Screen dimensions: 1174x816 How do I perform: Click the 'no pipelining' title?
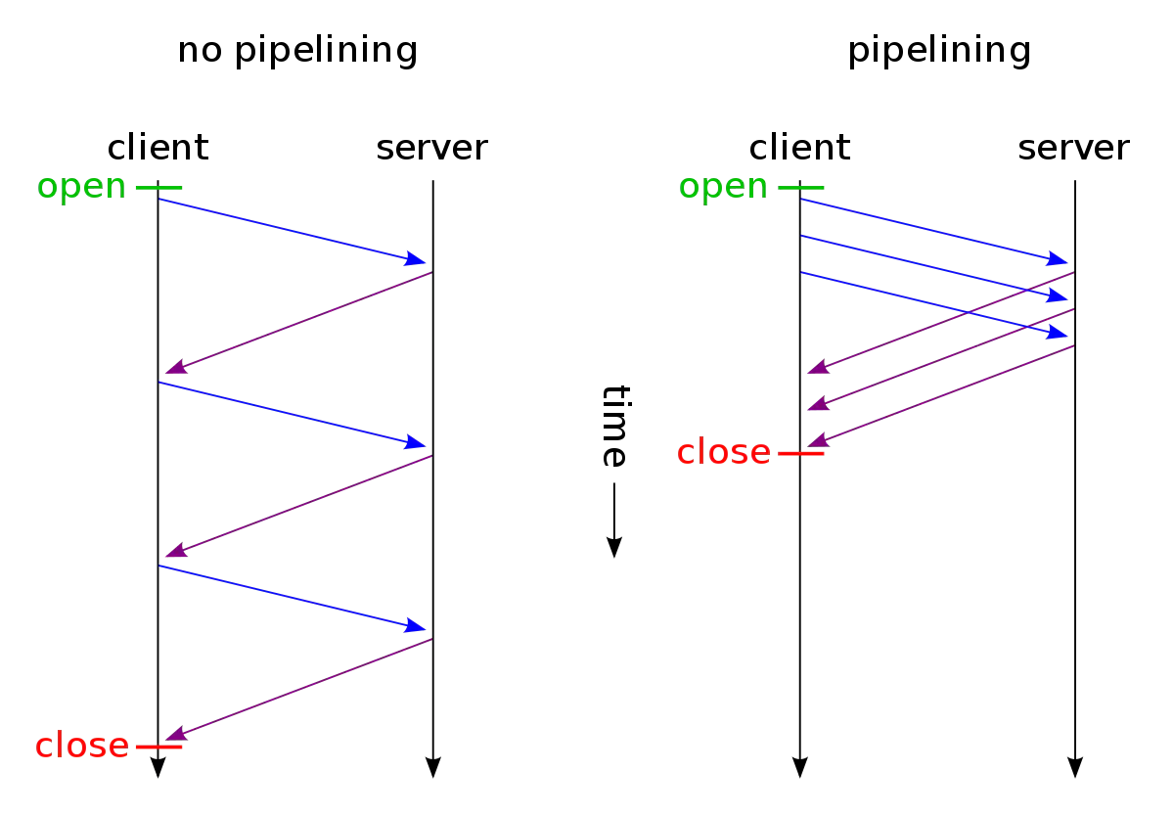[x=297, y=51]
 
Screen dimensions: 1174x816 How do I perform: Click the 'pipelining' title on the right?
[x=939, y=51]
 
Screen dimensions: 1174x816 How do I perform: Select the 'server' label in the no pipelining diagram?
[x=431, y=149]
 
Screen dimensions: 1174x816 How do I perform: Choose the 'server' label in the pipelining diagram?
[x=1073, y=149]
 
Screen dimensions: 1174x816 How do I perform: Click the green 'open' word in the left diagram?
[x=82, y=188]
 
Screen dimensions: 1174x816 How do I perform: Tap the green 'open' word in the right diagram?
[x=723, y=188]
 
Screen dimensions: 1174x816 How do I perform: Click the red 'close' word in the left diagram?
[x=82, y=745]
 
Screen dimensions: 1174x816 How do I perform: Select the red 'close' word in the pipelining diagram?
[x=724, y=452]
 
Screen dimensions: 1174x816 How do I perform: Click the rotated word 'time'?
[x=615, y=426]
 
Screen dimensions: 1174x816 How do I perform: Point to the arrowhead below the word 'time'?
[x=614, y=548]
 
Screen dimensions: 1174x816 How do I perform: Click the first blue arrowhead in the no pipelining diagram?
[x=415, y=259]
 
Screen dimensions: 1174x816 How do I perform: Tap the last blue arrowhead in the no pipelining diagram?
[x=415, y=625]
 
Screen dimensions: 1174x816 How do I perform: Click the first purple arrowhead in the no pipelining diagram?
[x=176, y=367]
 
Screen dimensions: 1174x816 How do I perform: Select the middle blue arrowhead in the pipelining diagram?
[x=1057, y=295]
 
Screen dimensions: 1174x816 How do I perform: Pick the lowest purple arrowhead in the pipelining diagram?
[x=818, y=439]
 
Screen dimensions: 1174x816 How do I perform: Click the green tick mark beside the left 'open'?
[x=158, y=188]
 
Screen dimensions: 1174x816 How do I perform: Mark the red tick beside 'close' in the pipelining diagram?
[x=801, y=453]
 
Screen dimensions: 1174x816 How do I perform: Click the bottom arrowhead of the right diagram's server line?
[x=1075, y=767]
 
